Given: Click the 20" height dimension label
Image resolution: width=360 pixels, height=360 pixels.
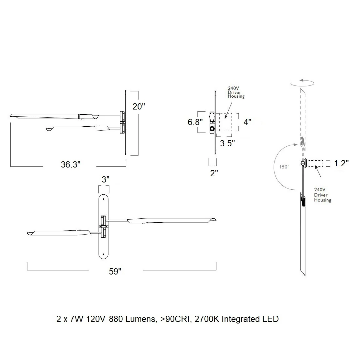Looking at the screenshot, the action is [139, 106].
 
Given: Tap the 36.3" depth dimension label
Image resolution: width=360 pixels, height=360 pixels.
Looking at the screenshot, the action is [71, 164].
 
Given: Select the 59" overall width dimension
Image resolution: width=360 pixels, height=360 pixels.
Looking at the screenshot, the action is [115, 271].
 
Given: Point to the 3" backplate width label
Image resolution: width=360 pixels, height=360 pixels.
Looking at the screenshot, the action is [106, 179].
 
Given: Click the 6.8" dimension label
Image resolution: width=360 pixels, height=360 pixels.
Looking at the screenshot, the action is [195, 122].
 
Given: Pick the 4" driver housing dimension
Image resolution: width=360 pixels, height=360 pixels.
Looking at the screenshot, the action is [247, 122].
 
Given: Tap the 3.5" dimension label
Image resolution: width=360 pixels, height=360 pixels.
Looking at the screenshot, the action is [227, 143].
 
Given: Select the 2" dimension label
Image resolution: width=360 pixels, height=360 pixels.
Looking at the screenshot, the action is [214, 173].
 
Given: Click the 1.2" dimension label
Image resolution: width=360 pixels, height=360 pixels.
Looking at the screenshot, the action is [341, 163].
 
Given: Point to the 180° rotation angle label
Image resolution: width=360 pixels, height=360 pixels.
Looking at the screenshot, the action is [285, 167].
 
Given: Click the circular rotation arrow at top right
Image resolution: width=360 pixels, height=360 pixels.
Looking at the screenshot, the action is [302, 83].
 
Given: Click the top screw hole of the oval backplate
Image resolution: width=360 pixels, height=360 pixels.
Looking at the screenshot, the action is [104, 199].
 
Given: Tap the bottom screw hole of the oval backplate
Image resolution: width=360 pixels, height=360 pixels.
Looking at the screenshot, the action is [104, 254].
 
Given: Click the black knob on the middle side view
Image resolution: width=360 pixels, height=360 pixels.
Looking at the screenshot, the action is [212, 129].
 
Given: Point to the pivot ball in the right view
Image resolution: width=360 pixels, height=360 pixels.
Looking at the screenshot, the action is [303, 163].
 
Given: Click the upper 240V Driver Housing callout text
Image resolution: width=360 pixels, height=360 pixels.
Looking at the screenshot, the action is [236, 92].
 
